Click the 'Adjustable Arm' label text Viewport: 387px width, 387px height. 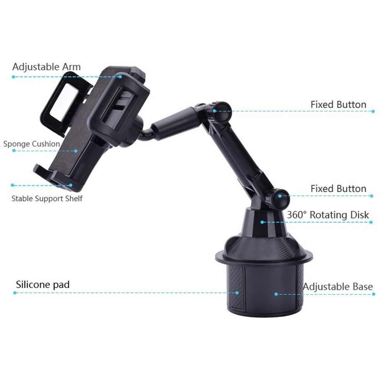point(46,67)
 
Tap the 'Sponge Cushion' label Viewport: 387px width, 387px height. point(32,144)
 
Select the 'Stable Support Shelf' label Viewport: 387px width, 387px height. point(47,199)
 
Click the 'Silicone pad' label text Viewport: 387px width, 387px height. point(43,285)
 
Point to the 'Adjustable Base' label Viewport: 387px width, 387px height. point(337,287)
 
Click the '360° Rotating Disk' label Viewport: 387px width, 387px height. point(328,215)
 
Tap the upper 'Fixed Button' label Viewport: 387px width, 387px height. point(338,104)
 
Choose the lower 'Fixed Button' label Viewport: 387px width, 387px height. point(338,189)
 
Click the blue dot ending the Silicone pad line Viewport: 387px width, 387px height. point(237,293)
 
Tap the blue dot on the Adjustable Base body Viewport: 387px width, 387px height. point(276,294)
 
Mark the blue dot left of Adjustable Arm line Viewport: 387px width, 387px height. point(13,77)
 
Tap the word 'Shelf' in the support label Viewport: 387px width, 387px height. point(74,199)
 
